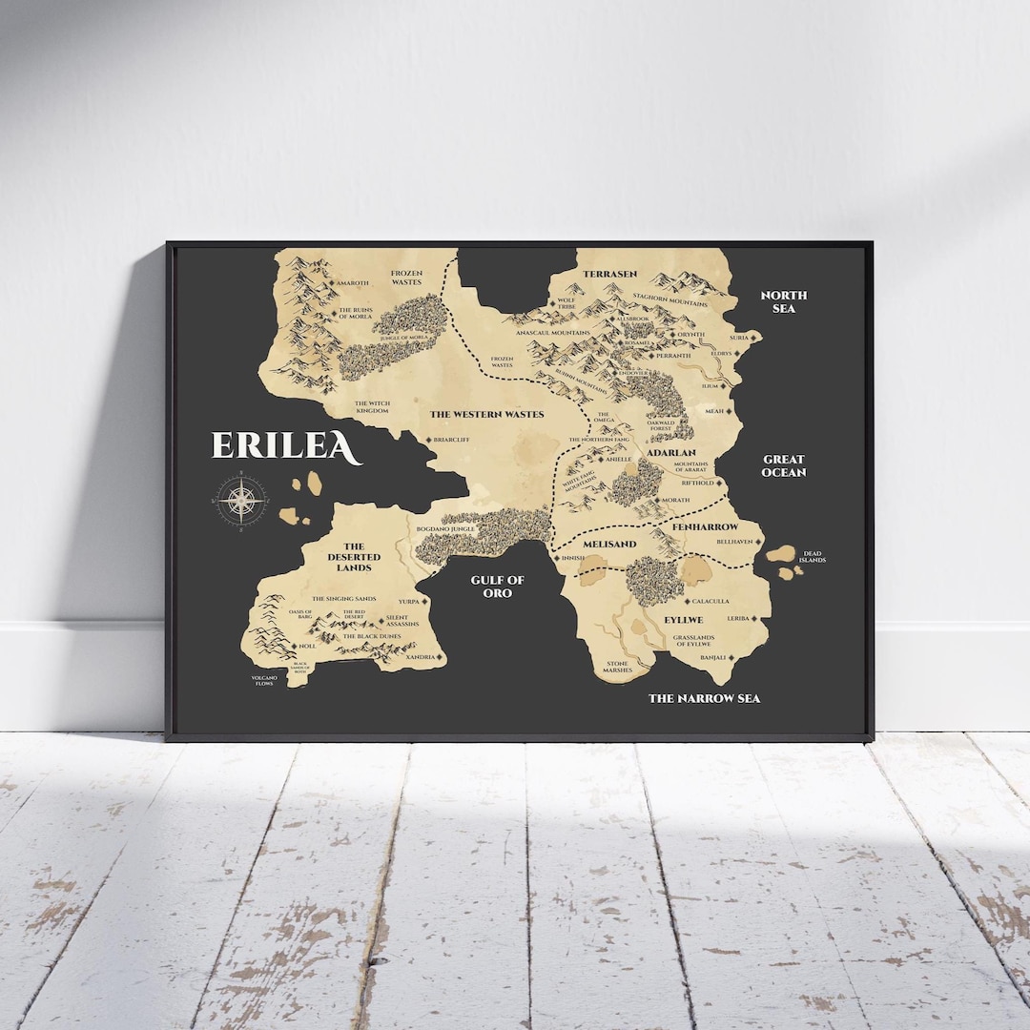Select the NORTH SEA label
783,302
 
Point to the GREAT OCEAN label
784,465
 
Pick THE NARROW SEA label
704,698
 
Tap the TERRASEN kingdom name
609,274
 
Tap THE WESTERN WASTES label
486,414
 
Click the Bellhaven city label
734,541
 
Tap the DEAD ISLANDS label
812,556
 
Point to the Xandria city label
420,657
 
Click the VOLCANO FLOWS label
263,680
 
